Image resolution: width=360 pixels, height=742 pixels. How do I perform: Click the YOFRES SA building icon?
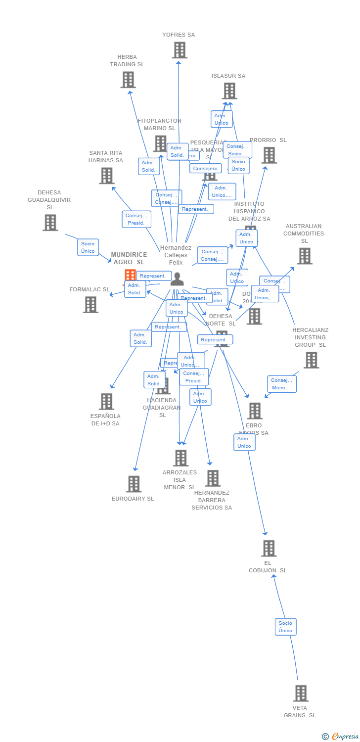(x=180, y=50)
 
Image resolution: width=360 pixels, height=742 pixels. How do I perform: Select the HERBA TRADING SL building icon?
(x=128, y=80)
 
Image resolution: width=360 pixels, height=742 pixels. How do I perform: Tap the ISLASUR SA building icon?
(x=229, y=91)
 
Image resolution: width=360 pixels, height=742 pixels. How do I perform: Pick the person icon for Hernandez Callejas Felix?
(x=177, y=279)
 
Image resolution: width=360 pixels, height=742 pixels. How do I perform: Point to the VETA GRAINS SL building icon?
(x=301, y=693)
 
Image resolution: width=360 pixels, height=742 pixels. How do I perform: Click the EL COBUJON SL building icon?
(x=269, y=548)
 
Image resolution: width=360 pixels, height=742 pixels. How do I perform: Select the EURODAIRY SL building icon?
(x=134, y=484)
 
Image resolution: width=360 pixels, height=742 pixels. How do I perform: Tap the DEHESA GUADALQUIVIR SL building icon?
(x=50, y=223)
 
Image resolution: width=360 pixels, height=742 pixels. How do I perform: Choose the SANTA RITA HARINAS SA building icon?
(x=106, y=176)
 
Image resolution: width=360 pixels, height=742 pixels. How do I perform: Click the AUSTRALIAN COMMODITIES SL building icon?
(x=304, y=256)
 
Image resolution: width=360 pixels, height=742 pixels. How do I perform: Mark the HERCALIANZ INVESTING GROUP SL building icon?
(x=311, y=360)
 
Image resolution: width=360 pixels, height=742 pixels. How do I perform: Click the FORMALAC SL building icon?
(x=90, y=305)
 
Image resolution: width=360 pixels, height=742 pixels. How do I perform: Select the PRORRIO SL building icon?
(x=269, y=155)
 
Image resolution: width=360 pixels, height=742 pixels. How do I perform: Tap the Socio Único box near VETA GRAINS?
(x=285, y=626)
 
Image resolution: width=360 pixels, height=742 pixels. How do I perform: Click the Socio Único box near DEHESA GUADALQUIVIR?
(x=88, y=247)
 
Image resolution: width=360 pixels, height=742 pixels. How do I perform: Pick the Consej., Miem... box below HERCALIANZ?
(x=282, y=384)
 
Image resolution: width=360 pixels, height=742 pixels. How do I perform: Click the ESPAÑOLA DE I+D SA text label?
(x=106, y=419)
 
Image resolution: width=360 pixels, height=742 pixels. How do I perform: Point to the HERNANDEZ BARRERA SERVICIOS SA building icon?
(x=213, y=478)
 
